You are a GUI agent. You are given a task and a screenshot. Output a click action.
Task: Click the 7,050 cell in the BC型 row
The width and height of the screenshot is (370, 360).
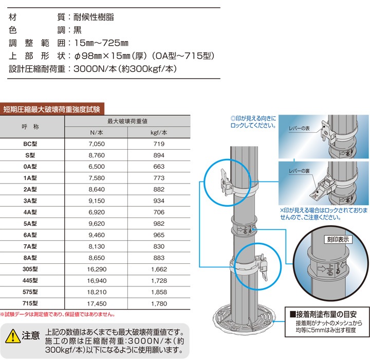[97, 145]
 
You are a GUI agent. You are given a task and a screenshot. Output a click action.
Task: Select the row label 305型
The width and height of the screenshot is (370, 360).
[32, 269]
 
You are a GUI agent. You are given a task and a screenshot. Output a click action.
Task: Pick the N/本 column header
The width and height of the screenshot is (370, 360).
[97, 133]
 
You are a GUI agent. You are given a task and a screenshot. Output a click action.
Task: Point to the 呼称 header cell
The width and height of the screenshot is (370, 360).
[32, 127]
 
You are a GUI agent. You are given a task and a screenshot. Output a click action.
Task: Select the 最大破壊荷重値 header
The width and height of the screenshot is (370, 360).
[127, 121]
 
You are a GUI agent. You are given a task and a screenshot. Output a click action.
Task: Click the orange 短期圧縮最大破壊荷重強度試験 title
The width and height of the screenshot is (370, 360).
[52, 109]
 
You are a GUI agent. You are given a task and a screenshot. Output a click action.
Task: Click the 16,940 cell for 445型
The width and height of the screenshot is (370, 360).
[97, 280]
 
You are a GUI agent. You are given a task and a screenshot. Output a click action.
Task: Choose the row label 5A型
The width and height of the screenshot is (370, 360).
[32, 224]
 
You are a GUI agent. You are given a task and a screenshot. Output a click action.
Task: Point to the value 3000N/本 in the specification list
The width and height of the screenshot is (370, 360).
[98, 68]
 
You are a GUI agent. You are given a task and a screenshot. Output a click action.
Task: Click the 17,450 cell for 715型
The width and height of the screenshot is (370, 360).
[97, 303]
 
